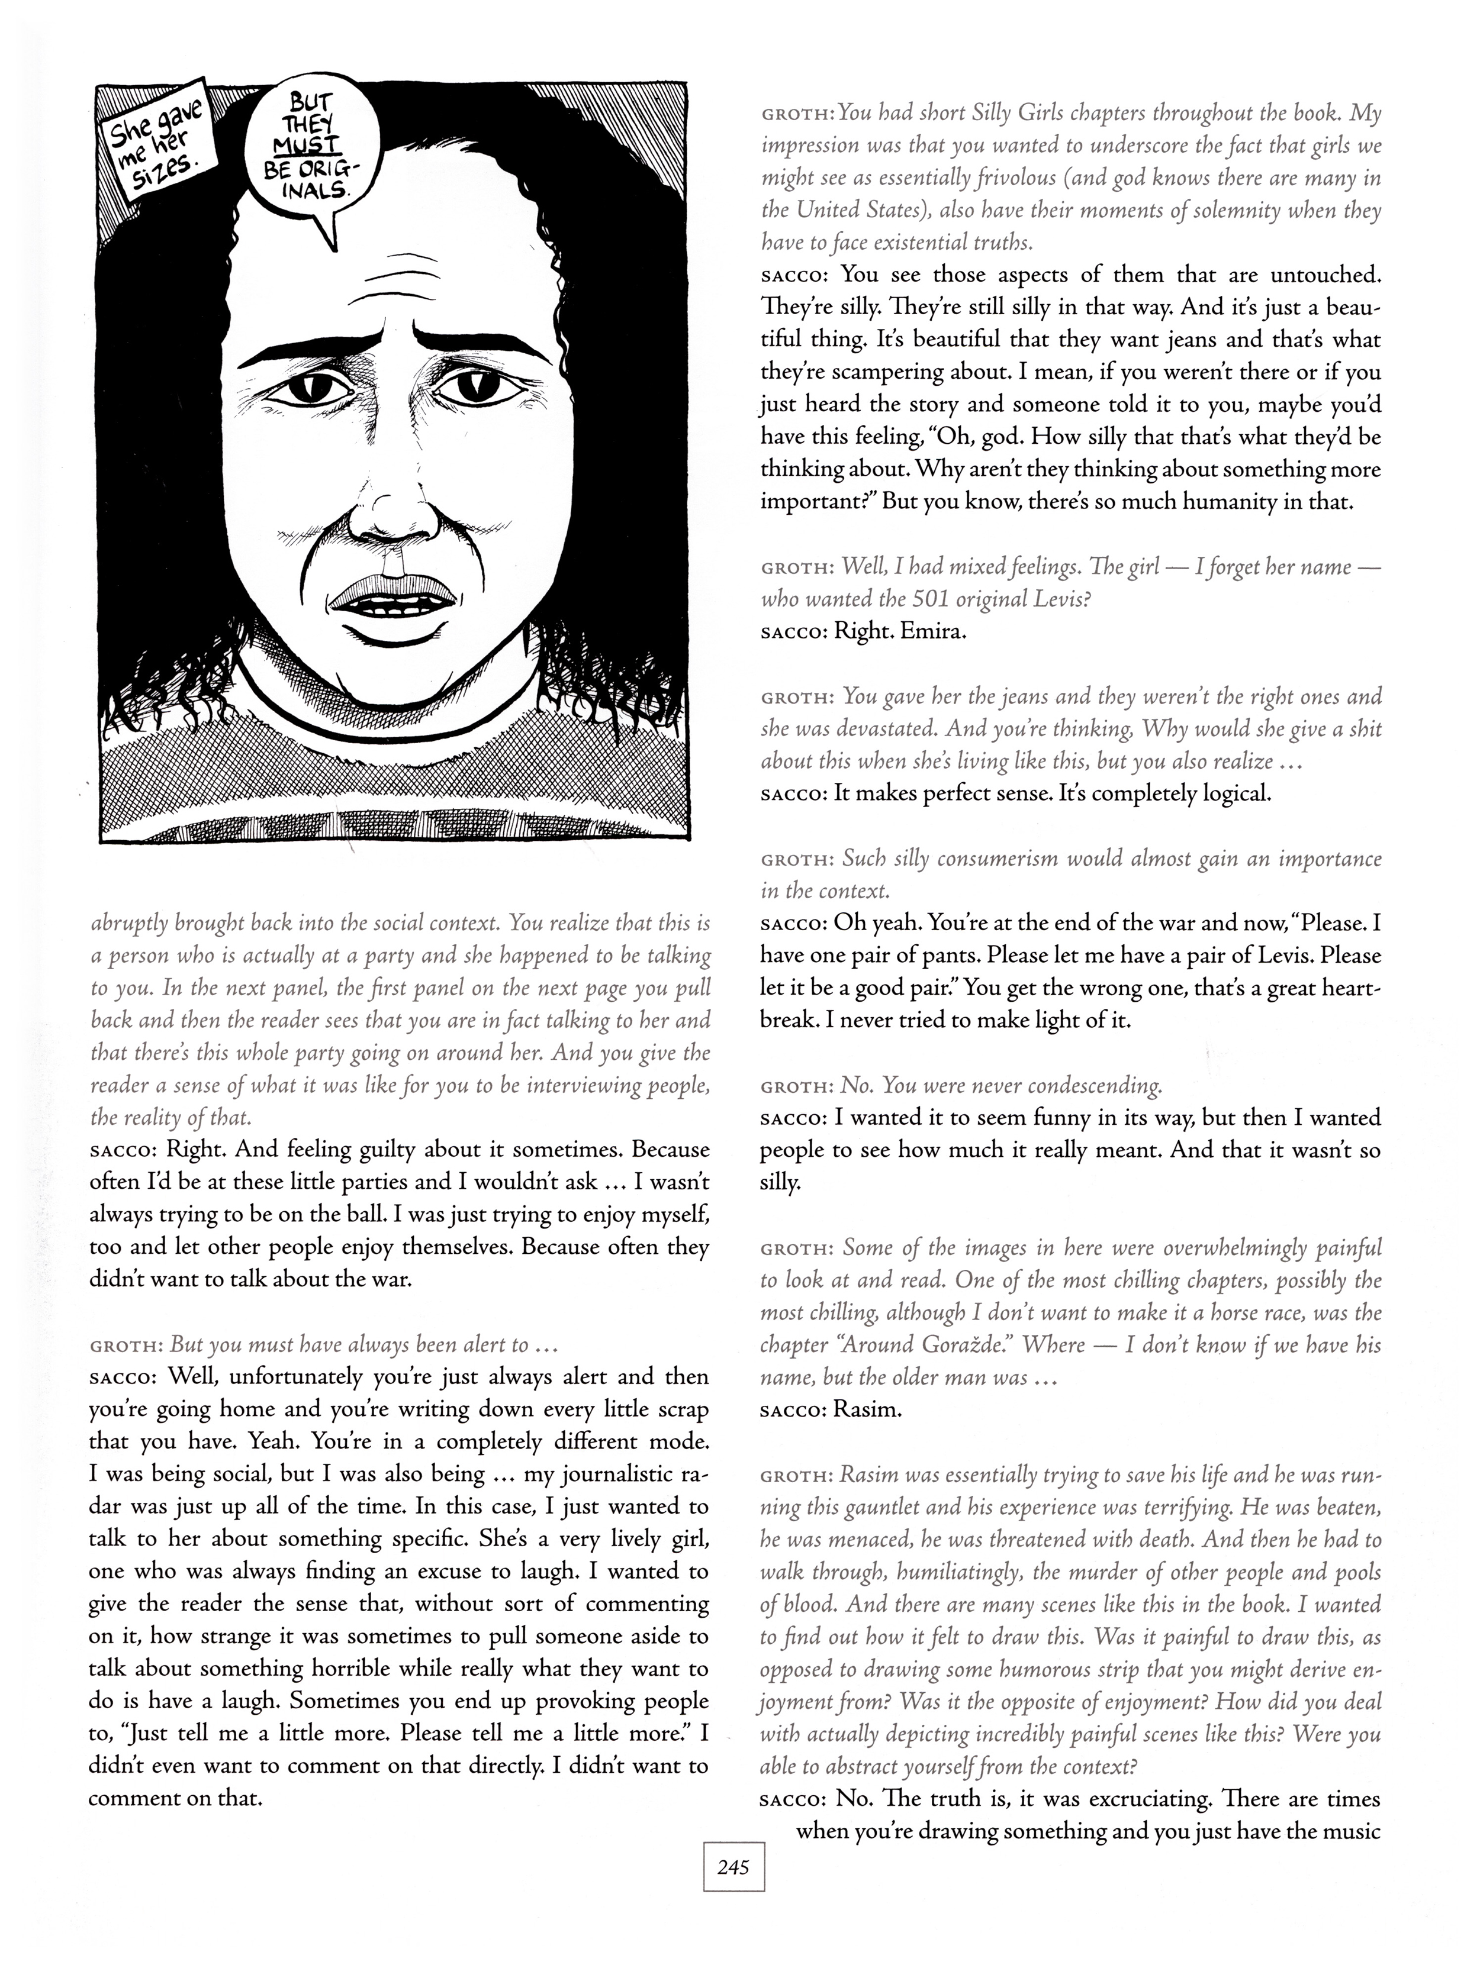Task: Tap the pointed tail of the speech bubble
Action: click(331, 235)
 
